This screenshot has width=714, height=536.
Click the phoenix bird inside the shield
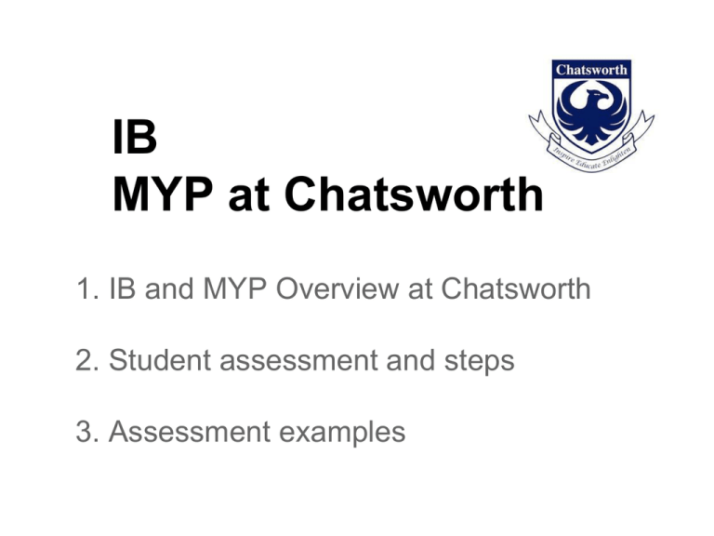click(588, 109)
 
